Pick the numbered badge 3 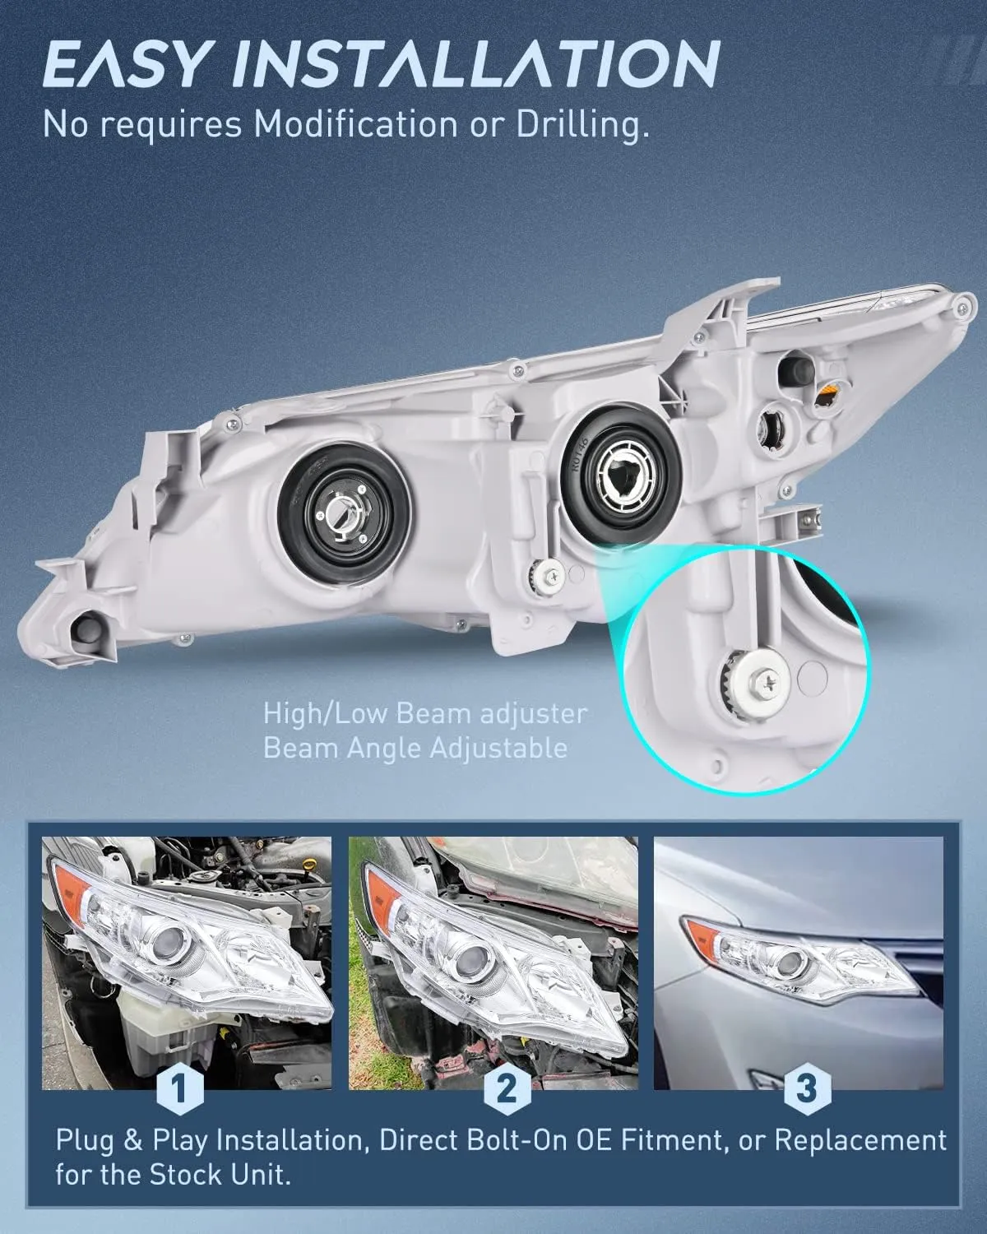click(x=806, y=1088)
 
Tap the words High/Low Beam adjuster click(x=425, y=713)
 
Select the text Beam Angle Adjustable click(x=415, y=748)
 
